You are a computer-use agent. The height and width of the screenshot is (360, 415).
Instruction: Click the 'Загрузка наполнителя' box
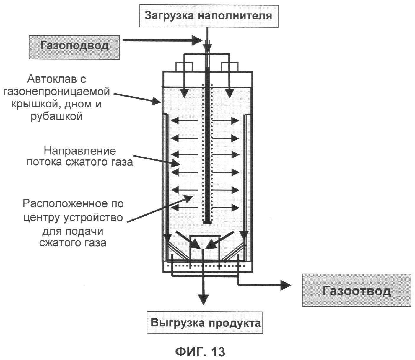[209, 16]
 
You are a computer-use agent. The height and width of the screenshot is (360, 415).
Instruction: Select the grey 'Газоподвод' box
[74, 47]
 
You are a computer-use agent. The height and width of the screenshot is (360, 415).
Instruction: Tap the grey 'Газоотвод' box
[356, 290]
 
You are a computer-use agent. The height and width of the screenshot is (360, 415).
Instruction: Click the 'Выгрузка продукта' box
[205, 323]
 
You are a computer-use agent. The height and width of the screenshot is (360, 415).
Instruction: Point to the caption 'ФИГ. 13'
[200, 351]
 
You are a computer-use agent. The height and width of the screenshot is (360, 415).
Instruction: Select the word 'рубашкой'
[56, 116]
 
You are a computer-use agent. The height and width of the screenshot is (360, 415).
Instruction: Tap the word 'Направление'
[80, 151]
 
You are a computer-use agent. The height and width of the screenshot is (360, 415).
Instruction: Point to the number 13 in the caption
[218, 351]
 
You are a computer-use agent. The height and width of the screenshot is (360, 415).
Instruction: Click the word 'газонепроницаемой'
[56, 92]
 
